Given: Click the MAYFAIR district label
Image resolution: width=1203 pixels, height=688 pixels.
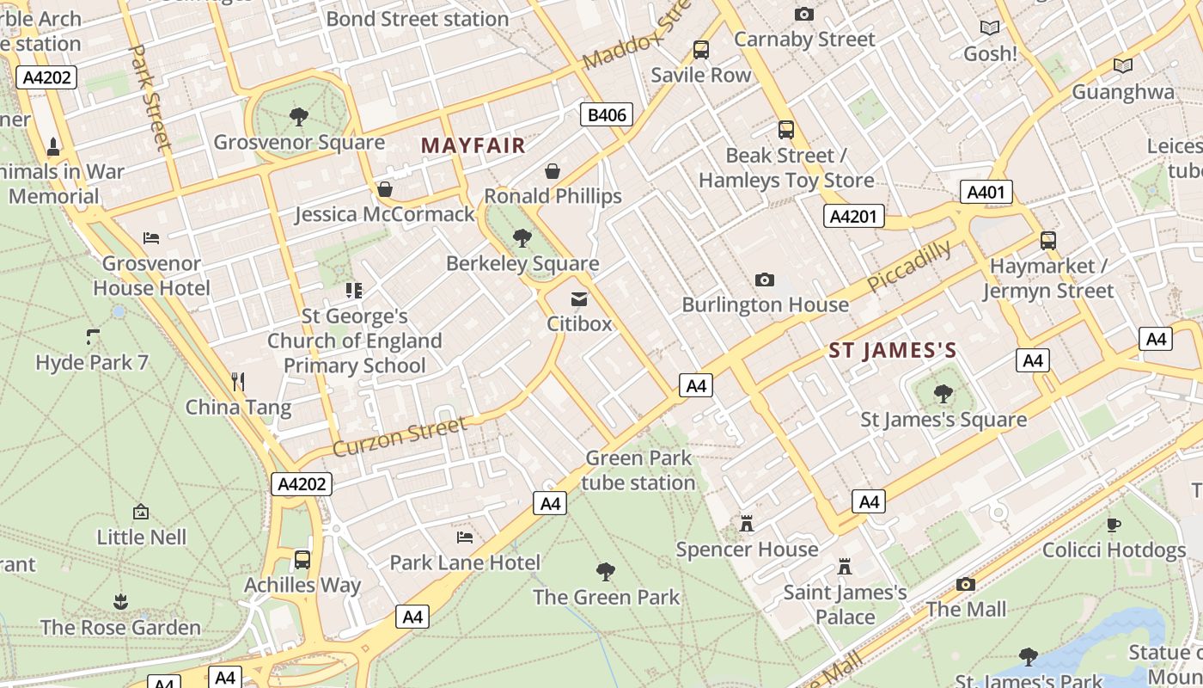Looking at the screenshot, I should pyautogui.click(x=473, y=145).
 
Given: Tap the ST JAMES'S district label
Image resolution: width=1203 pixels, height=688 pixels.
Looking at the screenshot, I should pyautogui.click(x=893, y=350).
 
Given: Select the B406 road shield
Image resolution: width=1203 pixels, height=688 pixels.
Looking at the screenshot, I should pyautogui.click(x=606, y=114).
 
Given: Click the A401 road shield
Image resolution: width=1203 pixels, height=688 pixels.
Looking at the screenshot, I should pyautogui.click(x=986, y=192).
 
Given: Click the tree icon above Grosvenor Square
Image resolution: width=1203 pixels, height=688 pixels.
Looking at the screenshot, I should pyautogui.click(x=298, y=116).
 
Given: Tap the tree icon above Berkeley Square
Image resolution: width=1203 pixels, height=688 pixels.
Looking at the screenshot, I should pyautogui.click(x=522, y=238).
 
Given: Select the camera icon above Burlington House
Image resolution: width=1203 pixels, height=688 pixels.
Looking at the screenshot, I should pyautogui.click(x=764, y=279).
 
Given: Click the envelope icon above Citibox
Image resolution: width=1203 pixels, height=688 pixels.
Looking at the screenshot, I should pyautogui.click(x=579, y=299).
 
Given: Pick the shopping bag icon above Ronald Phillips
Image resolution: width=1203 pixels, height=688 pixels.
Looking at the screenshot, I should pyautogui.click(x=553, y=171).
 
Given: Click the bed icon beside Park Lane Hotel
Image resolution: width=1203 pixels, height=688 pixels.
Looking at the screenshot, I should pyautogui.click(x=465, y=537).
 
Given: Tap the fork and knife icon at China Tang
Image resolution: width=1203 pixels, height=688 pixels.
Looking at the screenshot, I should pyautogui.click(x=238, y=381).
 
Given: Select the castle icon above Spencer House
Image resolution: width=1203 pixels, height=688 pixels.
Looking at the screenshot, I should pyautogui.click(x=747, y=523).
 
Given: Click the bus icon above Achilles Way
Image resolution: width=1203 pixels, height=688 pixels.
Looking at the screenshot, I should pyautogui.click(x=302, y=560).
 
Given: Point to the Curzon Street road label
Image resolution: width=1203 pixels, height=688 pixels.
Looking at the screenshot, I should pyautogui.click(x=400, y=437).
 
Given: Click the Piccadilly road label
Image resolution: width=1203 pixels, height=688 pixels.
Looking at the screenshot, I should pyautogui.click(x=909, y=266).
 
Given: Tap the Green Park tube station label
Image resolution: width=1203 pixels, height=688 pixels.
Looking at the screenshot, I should pyautogui.click(x=638, y=470).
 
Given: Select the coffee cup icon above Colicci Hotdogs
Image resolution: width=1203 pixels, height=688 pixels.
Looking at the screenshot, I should pyautogui.click(x=1114, y=524).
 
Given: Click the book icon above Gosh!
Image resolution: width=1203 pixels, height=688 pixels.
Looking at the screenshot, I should pyautogui.click(x=990, y=28).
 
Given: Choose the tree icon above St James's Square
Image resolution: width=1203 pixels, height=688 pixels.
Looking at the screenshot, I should pyautogui.click(x=943, y=394).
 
